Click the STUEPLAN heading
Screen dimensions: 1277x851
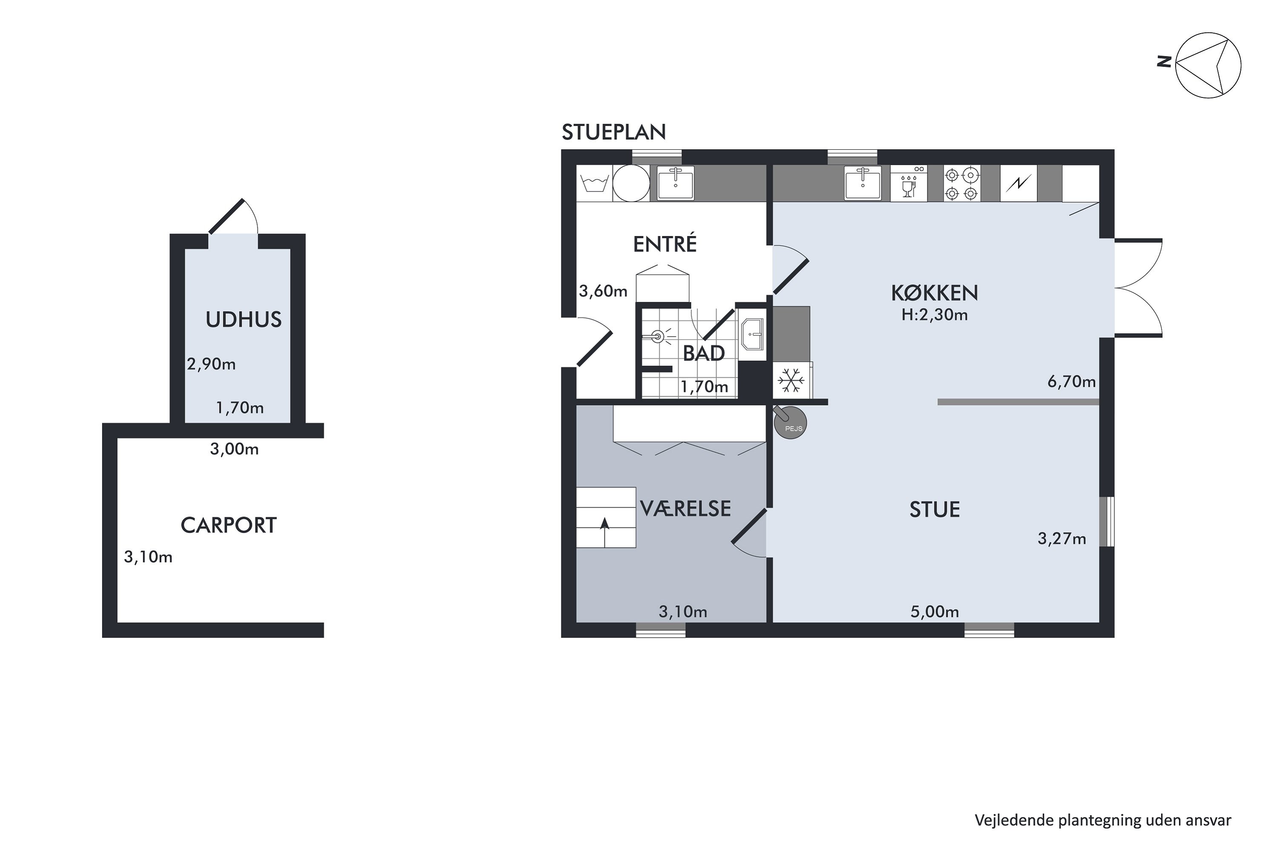coord(613,132)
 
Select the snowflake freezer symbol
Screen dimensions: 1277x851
coord(792,380)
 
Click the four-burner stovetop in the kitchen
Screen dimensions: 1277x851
coord(962,183)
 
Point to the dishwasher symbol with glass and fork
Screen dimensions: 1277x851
coord(909,183)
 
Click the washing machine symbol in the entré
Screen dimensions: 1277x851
coord(595,183)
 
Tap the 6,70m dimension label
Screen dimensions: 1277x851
coord(1071,382)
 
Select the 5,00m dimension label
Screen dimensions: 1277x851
coord(934,612)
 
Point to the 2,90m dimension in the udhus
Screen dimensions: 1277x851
coord(211,364)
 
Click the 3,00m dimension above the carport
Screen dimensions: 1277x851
coord(234,449)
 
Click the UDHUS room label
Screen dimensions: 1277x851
coord(243,320)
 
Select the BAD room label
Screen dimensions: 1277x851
coord(704,353)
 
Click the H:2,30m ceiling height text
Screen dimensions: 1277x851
coord(934,315)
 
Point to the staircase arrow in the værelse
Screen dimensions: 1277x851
coord(604,532)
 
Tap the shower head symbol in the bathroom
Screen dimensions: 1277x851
coord(658,337)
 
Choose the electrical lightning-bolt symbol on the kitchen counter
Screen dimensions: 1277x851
coord(1019,183)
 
